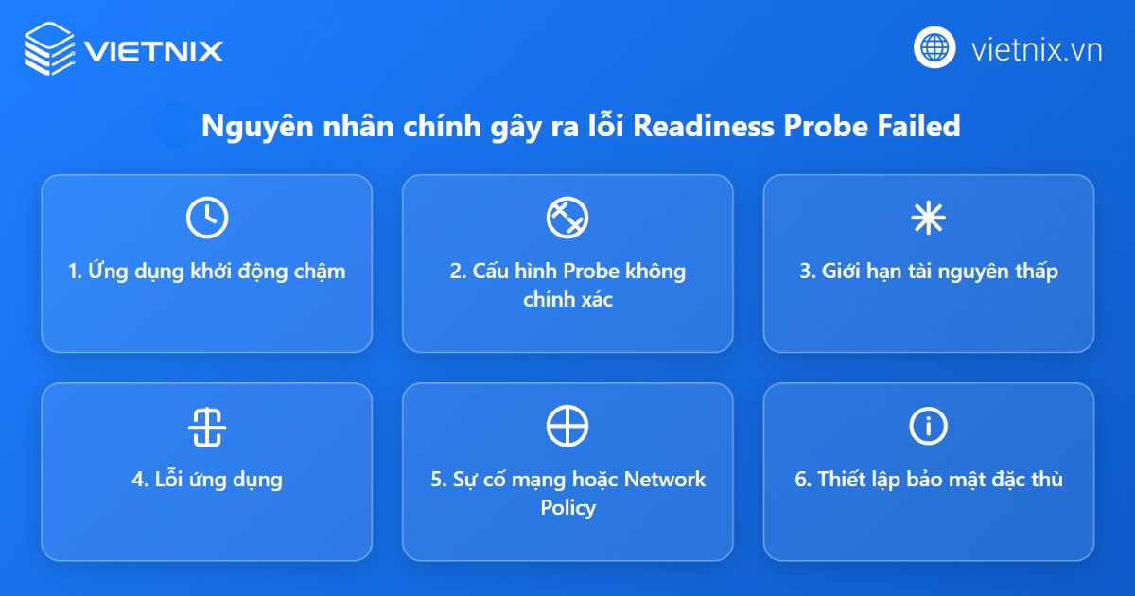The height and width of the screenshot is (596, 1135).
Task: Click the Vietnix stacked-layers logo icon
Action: coord(48,48)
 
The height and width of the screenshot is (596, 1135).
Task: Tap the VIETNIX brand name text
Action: coord(153,49)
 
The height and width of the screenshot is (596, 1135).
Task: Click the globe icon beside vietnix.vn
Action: coord(935,47)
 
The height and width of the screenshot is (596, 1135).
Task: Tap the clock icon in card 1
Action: coord(206,218)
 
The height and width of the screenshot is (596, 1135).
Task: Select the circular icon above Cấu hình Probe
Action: coord(567,218)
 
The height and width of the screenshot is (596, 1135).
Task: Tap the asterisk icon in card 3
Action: coord(928,218)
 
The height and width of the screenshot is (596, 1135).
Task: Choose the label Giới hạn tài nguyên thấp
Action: coord(928,272)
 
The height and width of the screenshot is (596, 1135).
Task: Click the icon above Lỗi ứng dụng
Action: coord(206,426)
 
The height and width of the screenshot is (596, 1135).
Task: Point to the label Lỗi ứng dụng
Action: coord(206,480)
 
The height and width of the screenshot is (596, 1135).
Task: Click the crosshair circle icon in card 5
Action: coord(567,426)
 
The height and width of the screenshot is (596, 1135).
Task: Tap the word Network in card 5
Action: coord(664,480)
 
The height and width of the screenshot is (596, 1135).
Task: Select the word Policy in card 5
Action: coord(567,508)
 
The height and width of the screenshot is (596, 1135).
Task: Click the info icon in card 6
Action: coord(928,426)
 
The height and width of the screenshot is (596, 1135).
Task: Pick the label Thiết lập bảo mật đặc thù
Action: coord(928,480)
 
